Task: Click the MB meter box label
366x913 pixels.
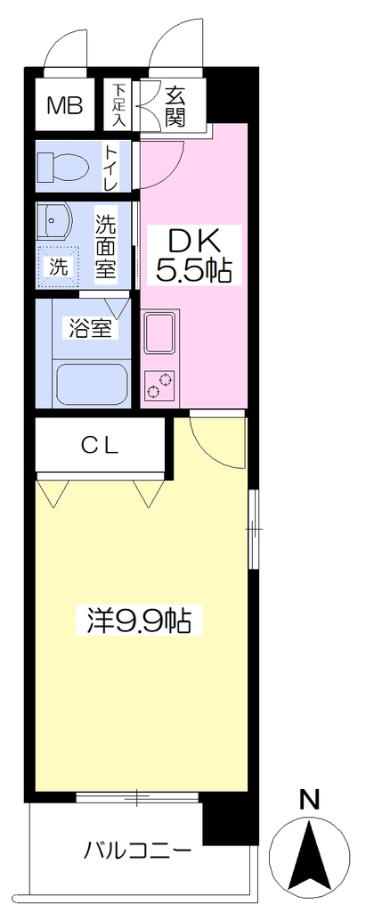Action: click(65, 106)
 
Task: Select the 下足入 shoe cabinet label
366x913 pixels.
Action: click(118, 105)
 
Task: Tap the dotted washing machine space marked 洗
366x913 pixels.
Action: click(57, 267)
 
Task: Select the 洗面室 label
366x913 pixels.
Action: click(106, 246)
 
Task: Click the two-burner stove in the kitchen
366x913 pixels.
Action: click(159, 385)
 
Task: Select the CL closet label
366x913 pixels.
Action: click(100, 446)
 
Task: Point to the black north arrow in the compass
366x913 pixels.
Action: click(313, 853)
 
